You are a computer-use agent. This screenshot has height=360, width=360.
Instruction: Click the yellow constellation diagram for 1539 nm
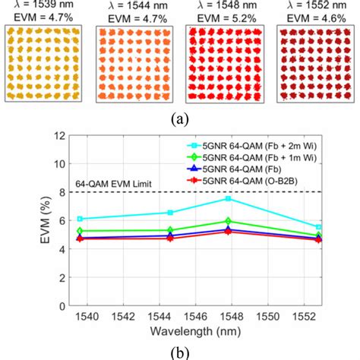pyautogui.click(x=44, y=65)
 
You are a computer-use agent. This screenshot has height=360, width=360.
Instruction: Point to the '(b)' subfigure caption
pyautogui.click(x=180, y=351)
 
